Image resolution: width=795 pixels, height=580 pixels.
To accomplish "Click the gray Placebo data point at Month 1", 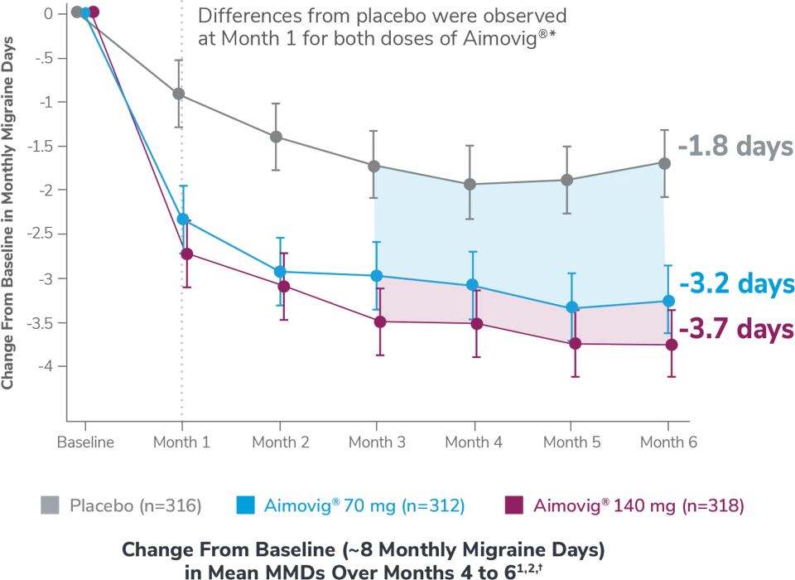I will coord(179,94).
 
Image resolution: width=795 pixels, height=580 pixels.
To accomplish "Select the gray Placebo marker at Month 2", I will coord(277,137).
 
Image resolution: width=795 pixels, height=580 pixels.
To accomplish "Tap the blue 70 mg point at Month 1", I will coord(182,219).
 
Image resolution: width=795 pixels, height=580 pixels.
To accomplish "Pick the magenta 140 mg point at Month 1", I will coord(187,254).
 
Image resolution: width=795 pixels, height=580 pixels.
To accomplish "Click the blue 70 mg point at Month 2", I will coord(281,271).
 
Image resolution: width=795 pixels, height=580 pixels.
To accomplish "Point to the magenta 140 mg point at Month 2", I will coord(284,287).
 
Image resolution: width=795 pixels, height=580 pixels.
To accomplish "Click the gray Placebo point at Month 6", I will coord(664,162).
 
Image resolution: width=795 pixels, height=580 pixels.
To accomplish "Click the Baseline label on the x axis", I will coord(85,442).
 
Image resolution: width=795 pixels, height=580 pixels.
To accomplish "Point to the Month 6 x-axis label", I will coord(668,442).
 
